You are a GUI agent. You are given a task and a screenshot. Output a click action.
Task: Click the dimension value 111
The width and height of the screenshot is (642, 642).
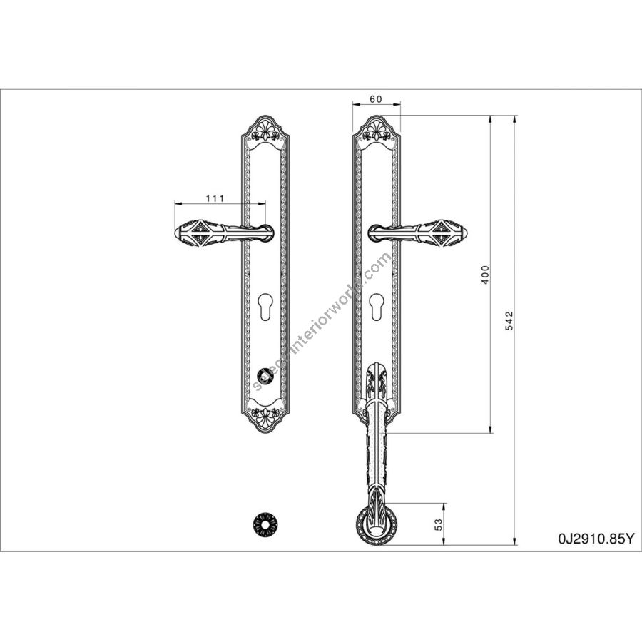pyautogui.click(x=215, y=198)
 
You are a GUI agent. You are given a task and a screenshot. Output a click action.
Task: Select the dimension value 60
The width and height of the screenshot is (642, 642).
pyautogui.click(x=375, y=99)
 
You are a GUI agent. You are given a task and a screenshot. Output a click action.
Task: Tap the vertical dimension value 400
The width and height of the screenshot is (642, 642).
pyautogui.click(x=485, y=275)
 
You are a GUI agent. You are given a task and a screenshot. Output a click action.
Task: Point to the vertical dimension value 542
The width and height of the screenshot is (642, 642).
pyautogui.click(x=509, y=321)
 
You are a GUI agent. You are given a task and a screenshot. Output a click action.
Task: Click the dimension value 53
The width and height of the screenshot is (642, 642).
pyautogui.click(x=439, y=525)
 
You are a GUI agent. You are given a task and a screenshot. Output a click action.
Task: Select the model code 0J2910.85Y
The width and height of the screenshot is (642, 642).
pyautogui.click(x=596, y=539)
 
